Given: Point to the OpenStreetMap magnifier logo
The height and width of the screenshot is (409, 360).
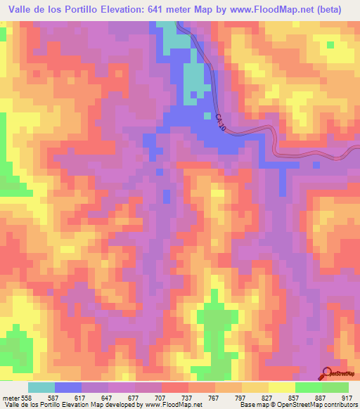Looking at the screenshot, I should (328, 374).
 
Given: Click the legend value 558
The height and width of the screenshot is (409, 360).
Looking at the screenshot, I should (25, 397).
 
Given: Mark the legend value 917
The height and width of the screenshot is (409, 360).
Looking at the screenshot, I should (349, 397).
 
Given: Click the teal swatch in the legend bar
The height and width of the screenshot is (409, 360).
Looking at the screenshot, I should (41, 387).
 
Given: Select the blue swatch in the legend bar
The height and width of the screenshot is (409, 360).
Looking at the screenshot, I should (68, 387).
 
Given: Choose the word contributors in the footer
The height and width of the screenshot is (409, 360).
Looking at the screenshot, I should (340, 405).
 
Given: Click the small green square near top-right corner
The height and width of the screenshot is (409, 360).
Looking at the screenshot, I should (329, 46).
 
